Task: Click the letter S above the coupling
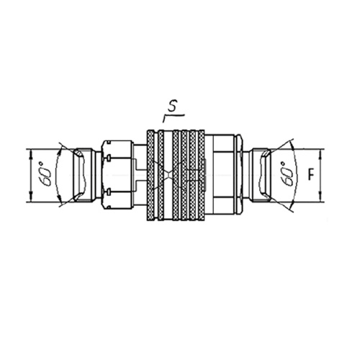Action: click(x=172, y=107)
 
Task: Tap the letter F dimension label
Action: click(x=311, y=175)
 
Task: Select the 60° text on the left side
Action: click(x=45, y=174)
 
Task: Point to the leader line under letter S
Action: click(x=174, y=117)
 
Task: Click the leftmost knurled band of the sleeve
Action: click(x=150, y=176)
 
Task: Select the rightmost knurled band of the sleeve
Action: click(x=201, y=176)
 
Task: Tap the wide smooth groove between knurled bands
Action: click(x=168, y=176)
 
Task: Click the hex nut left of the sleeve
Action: click(x=117, y=175)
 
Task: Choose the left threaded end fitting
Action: click(x=84, y=175)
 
